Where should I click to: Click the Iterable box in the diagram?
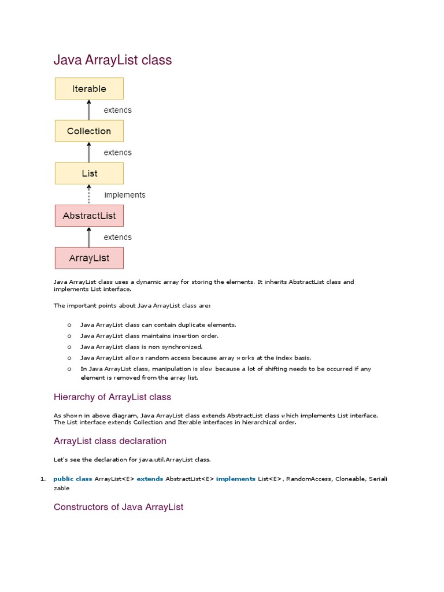[89, 88]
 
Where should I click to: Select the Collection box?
[89, 131]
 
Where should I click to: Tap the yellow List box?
[89, 173]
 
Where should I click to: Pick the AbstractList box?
[89, 216]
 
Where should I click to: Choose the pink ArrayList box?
[89, 258]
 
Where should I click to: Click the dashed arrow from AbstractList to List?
[89, 194]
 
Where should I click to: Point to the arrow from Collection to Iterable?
[89, 110]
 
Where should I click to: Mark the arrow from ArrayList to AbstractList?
[89, 237]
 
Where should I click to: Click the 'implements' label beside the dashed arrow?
[124, 195]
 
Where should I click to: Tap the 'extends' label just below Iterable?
[117, 110]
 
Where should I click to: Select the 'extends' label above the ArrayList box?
[117, 237]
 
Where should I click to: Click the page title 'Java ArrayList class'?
[113, 60]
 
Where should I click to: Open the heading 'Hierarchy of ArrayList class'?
[112, 397]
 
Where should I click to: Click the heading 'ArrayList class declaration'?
[110, 441]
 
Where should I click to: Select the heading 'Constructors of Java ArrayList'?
[119, 507]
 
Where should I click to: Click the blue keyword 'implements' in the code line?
[235, 479]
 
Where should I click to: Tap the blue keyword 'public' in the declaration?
[63, 479]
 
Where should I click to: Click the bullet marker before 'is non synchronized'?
[69, 347]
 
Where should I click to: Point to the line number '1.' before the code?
[42, 479]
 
